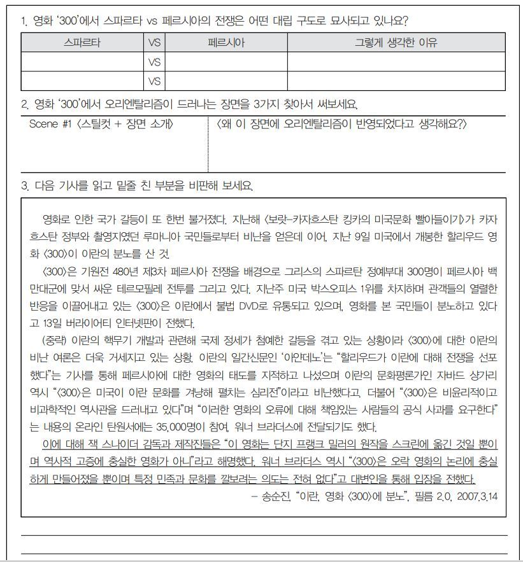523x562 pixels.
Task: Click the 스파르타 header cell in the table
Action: tap(82, 43)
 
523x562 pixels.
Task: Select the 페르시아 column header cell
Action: tap(226, 43)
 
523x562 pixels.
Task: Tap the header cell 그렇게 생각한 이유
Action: tap(396, 43)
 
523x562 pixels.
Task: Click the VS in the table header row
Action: tap(154, 43)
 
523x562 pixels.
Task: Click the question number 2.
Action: tap(24, 104)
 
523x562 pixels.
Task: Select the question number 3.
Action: tap(24, 186)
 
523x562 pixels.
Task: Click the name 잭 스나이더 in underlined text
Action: tap(113, 444)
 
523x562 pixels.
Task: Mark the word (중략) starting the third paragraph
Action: tap(54, 340)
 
